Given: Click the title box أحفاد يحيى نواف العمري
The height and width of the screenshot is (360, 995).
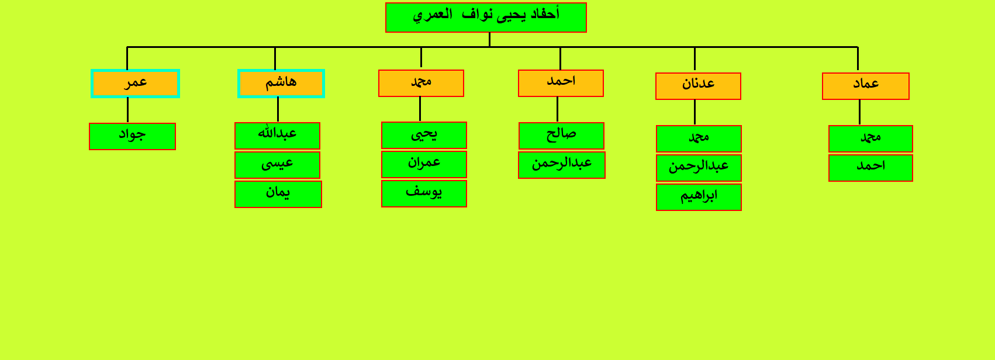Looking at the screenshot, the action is tap(486, 18).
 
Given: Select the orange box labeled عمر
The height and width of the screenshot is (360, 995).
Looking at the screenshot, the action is tap(135, 84).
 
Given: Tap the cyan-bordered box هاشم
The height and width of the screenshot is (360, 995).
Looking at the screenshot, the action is tap(281, 84).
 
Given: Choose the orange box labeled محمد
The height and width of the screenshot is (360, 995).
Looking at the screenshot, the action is tap(421, 83).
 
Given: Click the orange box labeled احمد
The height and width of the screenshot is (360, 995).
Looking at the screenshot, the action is tap(561, 83).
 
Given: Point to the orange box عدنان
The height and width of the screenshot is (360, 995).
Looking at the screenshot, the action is tap(698, 86).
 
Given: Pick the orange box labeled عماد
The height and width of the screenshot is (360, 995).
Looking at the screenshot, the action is tap(866, 86).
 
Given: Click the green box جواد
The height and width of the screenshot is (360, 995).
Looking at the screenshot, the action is tap(132, 136).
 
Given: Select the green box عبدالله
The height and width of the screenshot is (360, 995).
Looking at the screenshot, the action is tap(277, 136).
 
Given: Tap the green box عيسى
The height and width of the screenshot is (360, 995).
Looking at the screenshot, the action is tap(277, 165).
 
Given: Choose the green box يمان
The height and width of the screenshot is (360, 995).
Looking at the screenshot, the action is tap(278, 194).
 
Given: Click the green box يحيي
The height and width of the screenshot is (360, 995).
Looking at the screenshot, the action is tap(424, 136).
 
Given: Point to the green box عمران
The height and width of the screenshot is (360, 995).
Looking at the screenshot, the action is tap(424, 165).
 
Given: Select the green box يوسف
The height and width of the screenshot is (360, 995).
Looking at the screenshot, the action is tap(424, 193).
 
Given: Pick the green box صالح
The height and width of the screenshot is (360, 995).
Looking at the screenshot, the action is tap(561, 136).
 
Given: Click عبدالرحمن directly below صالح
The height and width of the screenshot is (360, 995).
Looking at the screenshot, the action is tap(561, 165).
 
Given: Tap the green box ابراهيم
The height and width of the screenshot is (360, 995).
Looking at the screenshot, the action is tap(699, 197).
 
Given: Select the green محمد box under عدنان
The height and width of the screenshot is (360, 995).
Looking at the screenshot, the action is tap(699, 139).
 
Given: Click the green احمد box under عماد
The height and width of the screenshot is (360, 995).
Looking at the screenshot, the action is tap(870, 168).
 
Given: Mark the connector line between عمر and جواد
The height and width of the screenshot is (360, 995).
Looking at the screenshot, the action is tap(128, 110).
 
